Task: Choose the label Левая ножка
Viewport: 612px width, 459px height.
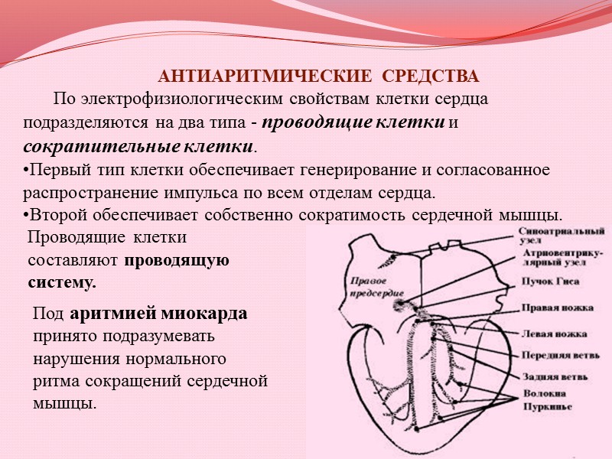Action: pos(554,334)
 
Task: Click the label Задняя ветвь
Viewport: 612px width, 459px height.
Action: pos(555,376)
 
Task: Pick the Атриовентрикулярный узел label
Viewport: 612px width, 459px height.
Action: pos(562,256)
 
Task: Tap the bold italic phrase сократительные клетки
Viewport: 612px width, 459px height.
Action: pos(138,145)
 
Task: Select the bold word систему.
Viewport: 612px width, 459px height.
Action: pos(62,282)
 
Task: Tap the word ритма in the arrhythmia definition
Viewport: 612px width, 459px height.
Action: pos(53,381)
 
